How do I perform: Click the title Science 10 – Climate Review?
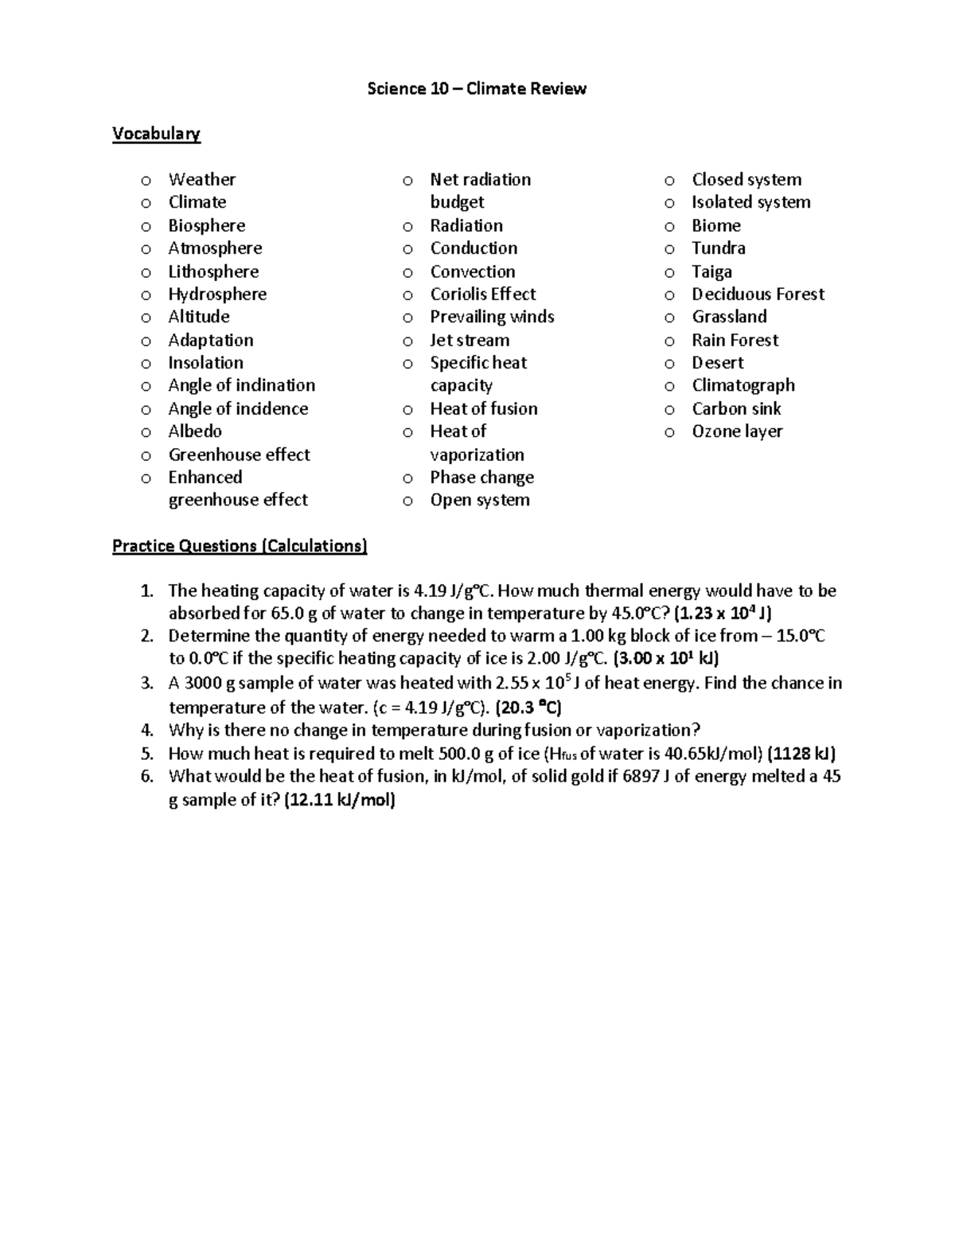point(476,88)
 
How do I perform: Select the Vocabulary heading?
point(156,134)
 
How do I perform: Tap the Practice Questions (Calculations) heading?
point(240,546)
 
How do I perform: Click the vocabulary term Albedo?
point(195,431)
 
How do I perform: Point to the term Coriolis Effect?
point(482,294)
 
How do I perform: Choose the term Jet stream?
point(470,341)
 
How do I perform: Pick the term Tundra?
point(718,248)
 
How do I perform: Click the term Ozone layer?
point(737,431)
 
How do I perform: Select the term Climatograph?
point(743,385)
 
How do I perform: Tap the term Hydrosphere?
point(217,294)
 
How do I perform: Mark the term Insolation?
point(205,363)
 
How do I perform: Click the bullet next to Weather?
point(146,181)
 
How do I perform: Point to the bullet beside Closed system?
point(669,181)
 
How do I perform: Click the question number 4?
point(146,731)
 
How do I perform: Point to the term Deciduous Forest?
point(758,294)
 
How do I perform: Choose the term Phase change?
point(481,478)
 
